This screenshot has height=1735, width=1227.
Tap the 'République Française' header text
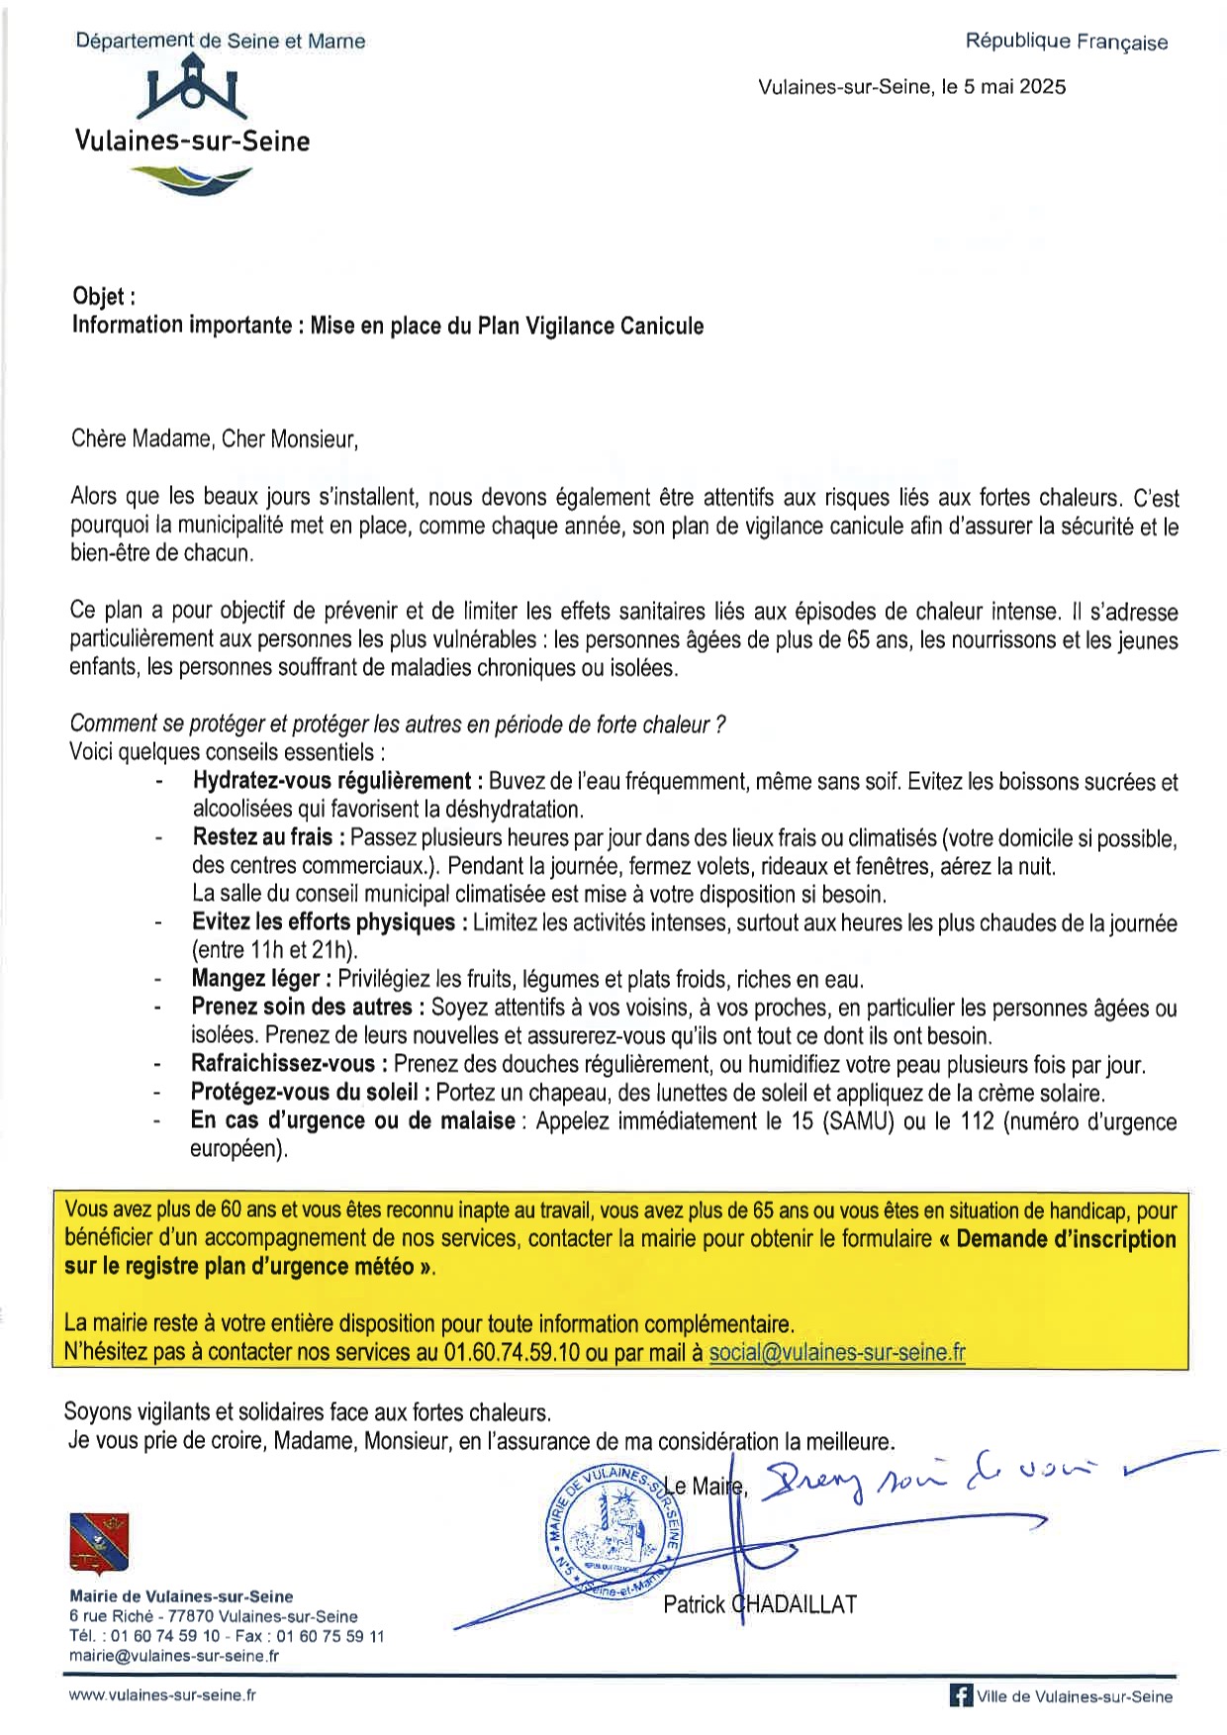click(1066, 42)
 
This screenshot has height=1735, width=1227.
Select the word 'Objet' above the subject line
click(99, 297)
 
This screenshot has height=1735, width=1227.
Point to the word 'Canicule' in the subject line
click(662, 326)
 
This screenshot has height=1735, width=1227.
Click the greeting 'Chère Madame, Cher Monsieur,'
click(214, 438)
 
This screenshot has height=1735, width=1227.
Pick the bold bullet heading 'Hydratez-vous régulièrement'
click(331, 781)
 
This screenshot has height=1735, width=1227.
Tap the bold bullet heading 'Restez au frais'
click(262, 837)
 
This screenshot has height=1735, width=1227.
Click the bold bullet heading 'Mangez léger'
click(255, 979)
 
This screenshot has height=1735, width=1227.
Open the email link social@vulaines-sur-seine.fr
click(837, 1352)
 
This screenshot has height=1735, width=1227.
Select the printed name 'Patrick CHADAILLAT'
click(759, 1604)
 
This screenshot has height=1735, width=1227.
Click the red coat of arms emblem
click(98, 1543)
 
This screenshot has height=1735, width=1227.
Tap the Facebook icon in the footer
click(960, 1695)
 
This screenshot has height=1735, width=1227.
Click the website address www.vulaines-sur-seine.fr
click(162, 1694)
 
